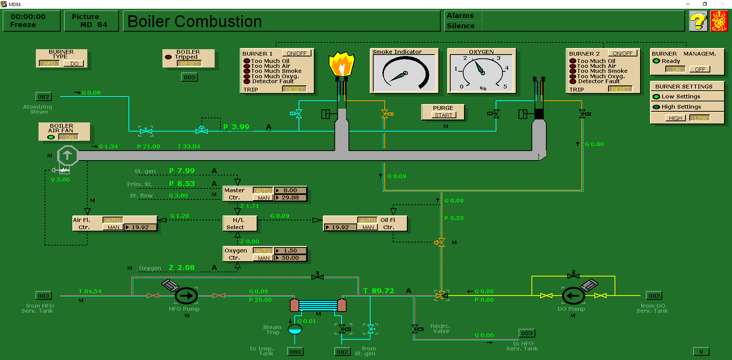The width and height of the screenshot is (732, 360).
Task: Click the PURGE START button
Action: pos(443,115)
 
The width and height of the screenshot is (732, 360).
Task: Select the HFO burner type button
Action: pos(49,64)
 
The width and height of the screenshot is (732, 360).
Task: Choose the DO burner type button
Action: pos(74,64)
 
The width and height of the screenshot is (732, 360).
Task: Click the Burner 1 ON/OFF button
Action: pos(296,53)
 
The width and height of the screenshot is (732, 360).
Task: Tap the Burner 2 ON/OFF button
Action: pos(622,53)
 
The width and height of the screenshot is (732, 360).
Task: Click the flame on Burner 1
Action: pos(341,65)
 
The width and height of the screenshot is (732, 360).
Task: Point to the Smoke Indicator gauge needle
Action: pos(399,76)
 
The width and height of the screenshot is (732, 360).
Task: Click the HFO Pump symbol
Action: pos(186,296)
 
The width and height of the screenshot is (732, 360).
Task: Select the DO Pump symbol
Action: pos(573,296)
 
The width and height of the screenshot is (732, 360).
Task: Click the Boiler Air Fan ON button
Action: pos(69,137)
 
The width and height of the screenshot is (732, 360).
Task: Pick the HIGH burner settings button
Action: pos(675,118)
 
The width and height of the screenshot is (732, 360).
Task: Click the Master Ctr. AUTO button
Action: pos(263,190)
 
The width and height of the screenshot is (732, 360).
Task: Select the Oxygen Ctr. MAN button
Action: pos(263,258)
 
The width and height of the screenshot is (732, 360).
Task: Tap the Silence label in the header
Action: pos(461,26)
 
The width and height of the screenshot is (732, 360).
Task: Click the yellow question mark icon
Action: pos(698,21)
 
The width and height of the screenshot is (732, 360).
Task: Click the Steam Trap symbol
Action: pos(295,329)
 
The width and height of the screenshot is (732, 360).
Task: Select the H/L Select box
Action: pos(239,224)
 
